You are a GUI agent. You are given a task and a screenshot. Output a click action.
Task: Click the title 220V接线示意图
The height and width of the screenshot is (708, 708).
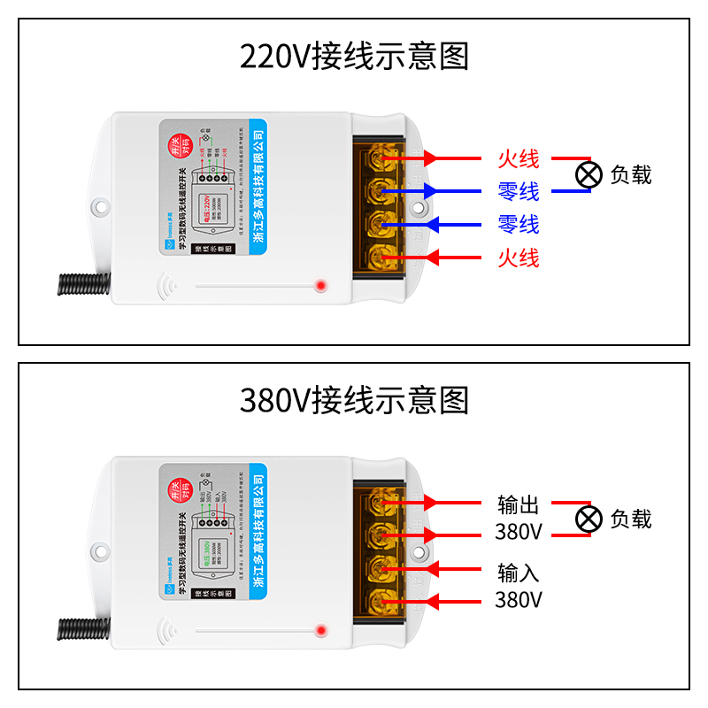tap(354, 57)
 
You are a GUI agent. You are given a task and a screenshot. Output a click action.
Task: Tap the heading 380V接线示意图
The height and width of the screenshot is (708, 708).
tap(354, 401)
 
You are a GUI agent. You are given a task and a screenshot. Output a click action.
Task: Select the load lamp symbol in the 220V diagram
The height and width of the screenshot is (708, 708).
tap(588, 174)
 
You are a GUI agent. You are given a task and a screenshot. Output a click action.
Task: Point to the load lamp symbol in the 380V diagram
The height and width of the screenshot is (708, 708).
tap(588, 519)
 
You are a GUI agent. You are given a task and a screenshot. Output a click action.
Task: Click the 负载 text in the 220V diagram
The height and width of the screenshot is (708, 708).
tap(631, 175)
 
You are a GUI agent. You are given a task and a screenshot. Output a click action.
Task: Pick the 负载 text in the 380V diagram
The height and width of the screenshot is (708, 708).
tap(631, 519)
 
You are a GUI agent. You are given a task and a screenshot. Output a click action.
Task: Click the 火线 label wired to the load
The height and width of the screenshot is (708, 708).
tap(518, 159)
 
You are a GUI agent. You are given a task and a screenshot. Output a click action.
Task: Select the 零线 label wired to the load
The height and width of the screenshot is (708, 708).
tap(518, 191)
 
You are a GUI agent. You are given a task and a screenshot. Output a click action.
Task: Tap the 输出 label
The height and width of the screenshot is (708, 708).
tap(518, 505)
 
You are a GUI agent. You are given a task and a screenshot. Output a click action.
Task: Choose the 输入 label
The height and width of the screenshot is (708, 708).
tap(518, 573)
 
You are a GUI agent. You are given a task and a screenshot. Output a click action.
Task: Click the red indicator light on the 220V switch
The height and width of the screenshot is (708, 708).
tap(320, 286)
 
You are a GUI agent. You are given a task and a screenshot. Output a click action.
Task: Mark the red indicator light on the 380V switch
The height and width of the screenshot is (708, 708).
tap(320, 630)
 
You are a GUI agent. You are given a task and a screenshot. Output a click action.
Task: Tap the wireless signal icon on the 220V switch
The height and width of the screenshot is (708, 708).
tap(165, 286)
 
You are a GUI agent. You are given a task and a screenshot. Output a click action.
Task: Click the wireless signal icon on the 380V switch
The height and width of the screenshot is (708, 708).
tap(165, 630)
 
